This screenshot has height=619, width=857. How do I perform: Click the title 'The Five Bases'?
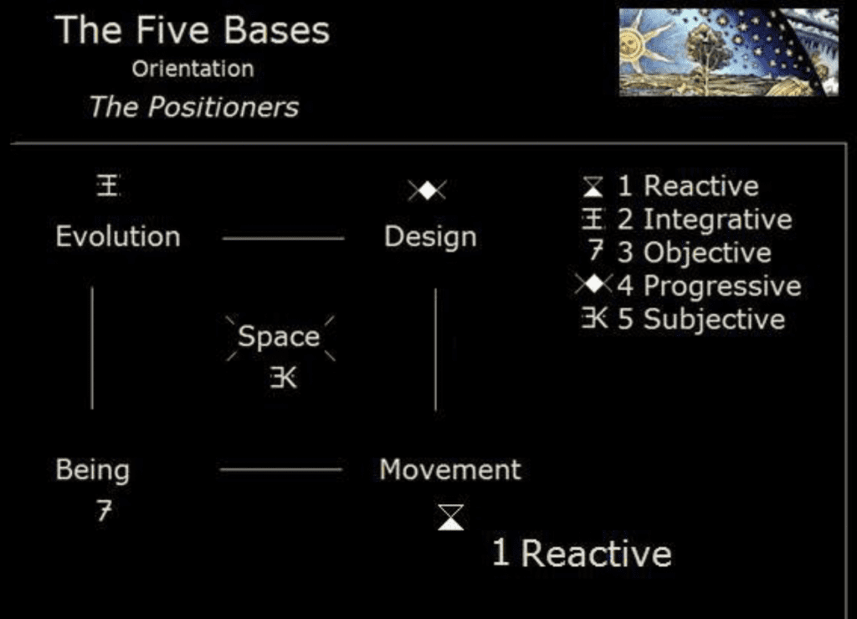coord(192,29)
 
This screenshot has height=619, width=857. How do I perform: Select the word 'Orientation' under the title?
coord(192,69)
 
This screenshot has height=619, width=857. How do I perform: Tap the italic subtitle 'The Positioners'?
coord(194,106)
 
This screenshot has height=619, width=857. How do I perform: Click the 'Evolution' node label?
coord(118,236)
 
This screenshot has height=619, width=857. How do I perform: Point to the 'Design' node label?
coord(430,238)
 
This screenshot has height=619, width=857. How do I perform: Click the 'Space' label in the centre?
coord(279,337)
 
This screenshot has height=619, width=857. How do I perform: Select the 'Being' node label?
coord(92,471)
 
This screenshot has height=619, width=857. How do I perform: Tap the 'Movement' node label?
coord(450,469)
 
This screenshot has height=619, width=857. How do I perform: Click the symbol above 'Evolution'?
coord(108,185)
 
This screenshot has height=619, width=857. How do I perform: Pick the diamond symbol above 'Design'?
coord(427,190)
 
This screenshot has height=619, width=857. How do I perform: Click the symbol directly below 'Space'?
coord(283,378)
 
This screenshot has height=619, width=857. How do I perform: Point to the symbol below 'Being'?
coord(104,510)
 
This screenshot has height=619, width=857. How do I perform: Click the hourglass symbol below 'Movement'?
coord(451,518)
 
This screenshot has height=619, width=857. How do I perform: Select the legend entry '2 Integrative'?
coord(686,219)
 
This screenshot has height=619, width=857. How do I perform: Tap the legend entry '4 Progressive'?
coord(688,286)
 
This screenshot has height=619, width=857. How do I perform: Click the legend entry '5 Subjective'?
coord(683,319)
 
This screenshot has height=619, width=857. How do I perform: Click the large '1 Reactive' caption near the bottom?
coord(582,554)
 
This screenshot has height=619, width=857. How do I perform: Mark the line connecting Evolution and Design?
coord(283,239)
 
